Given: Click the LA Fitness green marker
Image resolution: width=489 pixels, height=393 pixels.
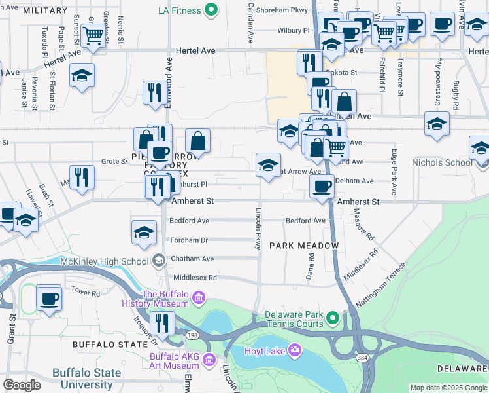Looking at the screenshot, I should (210, 10).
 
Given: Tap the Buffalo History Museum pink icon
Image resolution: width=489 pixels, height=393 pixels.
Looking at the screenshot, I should (199, 299).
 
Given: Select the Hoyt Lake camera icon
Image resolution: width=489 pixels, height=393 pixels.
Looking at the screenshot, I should (295, 351).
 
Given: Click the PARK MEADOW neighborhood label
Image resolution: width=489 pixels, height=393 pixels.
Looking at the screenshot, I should (305, 246).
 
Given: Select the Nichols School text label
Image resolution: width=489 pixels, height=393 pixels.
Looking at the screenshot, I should (441, 162).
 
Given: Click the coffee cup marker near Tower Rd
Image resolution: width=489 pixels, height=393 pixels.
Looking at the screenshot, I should (49, 299).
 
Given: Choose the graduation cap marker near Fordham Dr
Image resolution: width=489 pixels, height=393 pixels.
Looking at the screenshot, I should (144, 232).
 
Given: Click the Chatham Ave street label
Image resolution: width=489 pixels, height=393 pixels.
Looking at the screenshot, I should (192, 259).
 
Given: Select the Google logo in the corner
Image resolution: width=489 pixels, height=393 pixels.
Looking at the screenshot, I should (22, 386).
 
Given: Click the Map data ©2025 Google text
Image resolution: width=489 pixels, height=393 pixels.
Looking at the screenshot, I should (448, 388).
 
